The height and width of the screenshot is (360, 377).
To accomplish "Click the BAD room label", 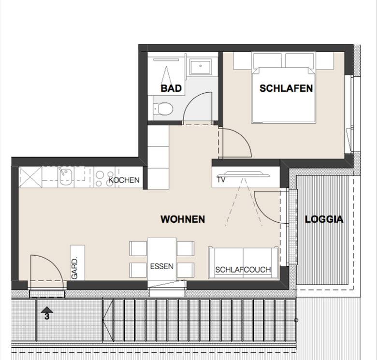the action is (x=171, y=88).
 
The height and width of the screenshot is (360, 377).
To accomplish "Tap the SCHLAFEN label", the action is (x=286, y=88).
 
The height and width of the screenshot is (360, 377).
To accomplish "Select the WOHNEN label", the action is (x=183, y=219).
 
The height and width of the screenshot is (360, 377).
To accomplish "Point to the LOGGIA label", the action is (x=324, y=219).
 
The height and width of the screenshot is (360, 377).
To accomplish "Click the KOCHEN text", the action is (x=124, y=180).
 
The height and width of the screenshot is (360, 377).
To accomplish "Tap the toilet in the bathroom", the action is (x=163, y=108).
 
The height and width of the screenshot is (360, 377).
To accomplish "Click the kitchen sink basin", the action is (x=65, y=177).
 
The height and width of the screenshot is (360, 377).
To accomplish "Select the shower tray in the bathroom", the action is (x=200, y=67).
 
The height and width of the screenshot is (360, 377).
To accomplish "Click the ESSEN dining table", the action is (x=161, y=259).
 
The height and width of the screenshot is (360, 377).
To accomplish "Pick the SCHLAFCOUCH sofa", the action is (x=243, y=263).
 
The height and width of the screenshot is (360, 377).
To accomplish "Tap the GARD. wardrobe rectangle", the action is (x=77, y=263).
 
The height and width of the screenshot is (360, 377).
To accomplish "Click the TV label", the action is (x=221, y=180).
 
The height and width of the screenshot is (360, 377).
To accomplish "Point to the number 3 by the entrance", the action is (x=47, y=317).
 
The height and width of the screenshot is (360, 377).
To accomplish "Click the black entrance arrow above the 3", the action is (x=47, y=310).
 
